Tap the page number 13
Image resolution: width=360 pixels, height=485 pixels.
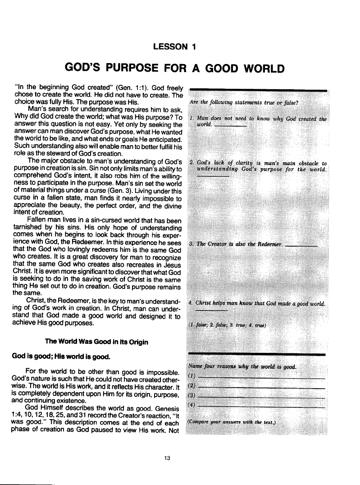[x=167, y=458]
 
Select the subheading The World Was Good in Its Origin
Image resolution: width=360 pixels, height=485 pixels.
[x=97, y=342]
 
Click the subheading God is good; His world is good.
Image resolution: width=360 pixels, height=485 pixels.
[x=60, y=357]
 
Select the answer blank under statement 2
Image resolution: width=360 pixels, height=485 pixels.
[x=213, y=176]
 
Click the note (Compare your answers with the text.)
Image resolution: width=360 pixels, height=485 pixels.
[x=231, y=422]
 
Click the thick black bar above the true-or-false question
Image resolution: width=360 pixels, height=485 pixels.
[x=259, y=91]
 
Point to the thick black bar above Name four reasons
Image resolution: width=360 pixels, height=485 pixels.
[x=257, y=355]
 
